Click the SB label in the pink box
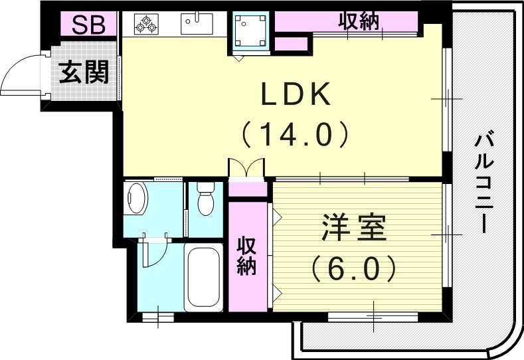click(x=88, y=25)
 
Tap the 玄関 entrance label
click(x=84, y=72)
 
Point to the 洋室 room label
click(x=353, y=231)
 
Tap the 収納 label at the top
click(x=359, y=21)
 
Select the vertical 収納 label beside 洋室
click(x=247, y=256)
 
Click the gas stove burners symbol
click(x=145, y=25)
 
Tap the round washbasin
click(x=137, y=199)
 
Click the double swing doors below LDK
click(x=246, y=168)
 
